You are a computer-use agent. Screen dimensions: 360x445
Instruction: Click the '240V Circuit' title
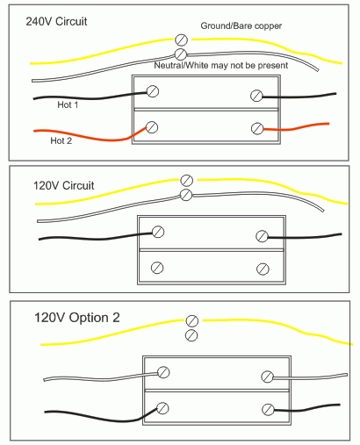pyautogui.click(x=56, y=21)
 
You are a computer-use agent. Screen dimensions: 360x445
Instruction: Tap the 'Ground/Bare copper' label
pyautogui.click(x=241, y=25)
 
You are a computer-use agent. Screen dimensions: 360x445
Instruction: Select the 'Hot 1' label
pyautogui.click(x=68, y=104)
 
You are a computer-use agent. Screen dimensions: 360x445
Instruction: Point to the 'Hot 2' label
pyautogui.click(x=61, y=140)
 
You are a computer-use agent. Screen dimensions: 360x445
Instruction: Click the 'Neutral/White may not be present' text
pyautogui.click(x=221, y=65)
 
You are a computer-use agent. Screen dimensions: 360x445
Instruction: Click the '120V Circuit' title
pyautogui.click(x=64, y=185)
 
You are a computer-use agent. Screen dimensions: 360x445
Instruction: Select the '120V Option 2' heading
pyautogui.click(x=77, y=318)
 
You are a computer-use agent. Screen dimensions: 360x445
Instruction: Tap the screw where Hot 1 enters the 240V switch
pyautogui.click(x=153, y=91)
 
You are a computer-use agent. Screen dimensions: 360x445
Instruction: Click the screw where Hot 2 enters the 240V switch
pyautogui.click(x=152, y=127)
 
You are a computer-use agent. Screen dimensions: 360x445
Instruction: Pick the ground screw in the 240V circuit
pyautogui.click(x=181, y=39)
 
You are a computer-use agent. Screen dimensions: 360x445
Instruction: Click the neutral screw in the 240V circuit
pyautogui.click(x=181, y=54)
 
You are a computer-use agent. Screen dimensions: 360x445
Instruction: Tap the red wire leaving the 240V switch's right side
pyautogui.click(x=296, y=127)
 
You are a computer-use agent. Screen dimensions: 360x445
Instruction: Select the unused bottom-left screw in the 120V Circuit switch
pyautogui.click(x=157, y=268)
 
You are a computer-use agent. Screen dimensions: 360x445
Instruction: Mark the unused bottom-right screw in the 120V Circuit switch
pyautogui.click(x=263, y=269)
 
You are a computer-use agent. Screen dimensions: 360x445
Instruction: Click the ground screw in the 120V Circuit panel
pyautogui.click(x=186, y=181)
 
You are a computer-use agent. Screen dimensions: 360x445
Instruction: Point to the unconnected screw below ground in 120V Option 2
pyautogui.click(x=191, y=335)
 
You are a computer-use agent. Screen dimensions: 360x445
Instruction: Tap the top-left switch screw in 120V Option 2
pyautogui.click(x=163, y=372)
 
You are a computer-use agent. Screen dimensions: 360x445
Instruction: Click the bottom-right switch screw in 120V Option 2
pyautogui.click(x=268, y=410)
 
